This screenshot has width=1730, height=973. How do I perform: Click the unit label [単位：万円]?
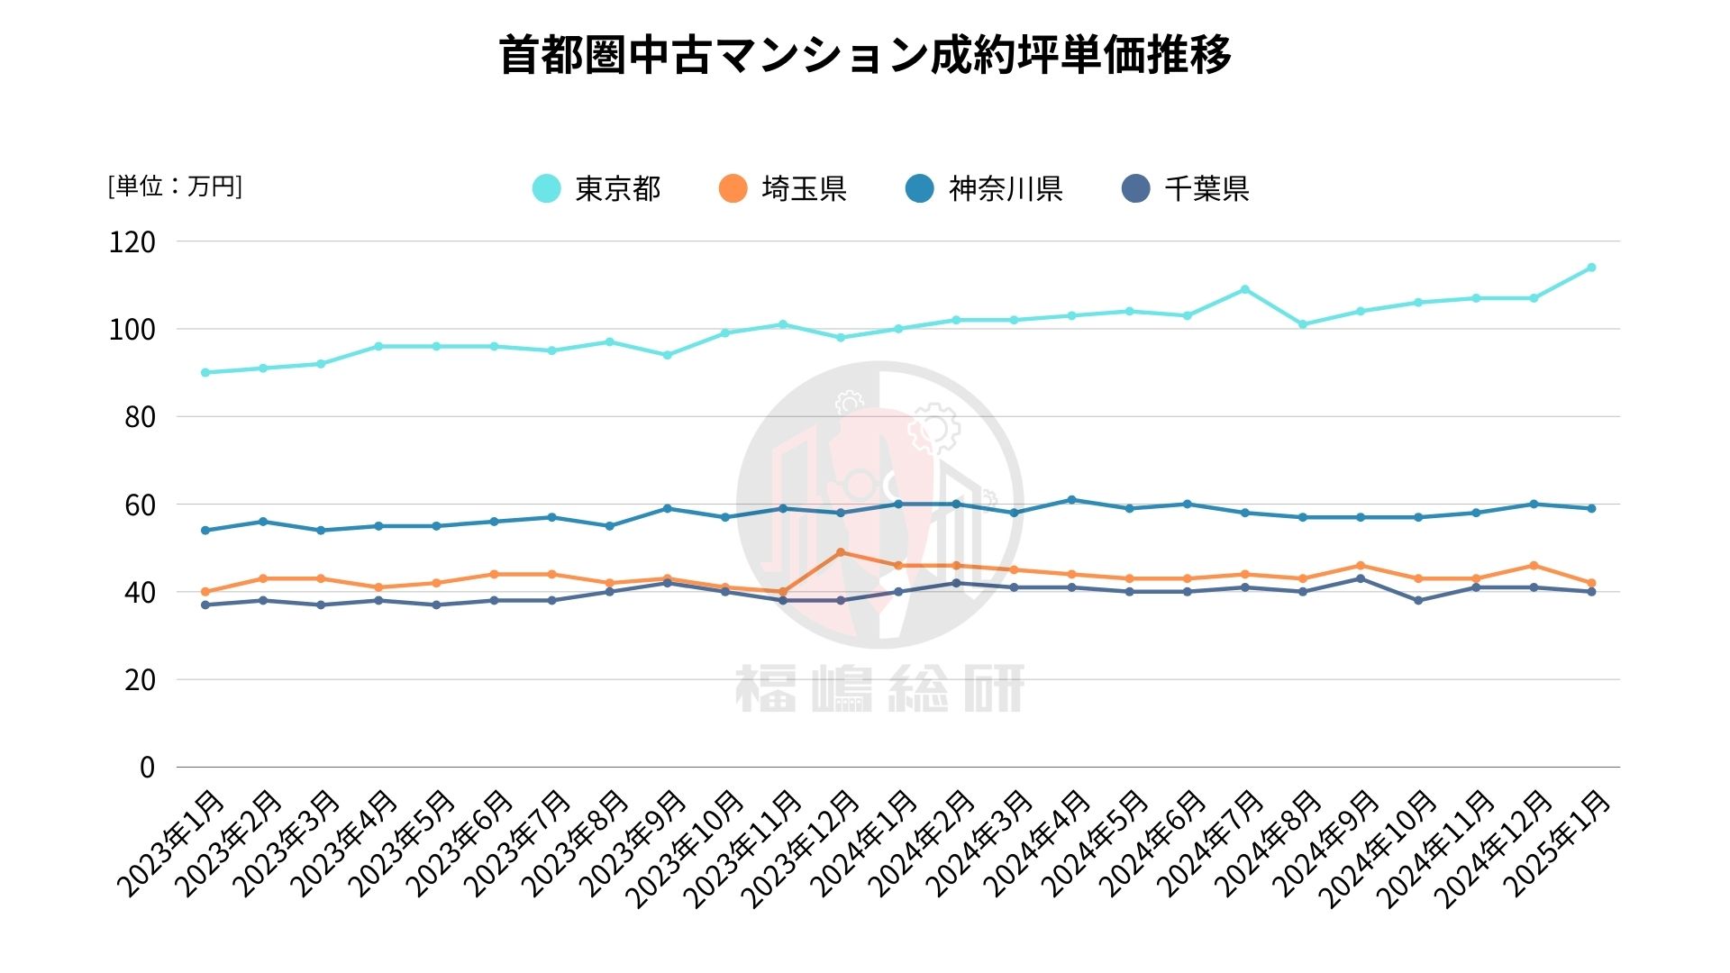coord(175,186)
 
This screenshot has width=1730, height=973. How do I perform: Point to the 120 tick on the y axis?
coord(132,241)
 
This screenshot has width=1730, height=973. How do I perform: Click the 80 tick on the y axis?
coord(140,417)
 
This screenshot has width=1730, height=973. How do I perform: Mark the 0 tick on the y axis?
coord(147,768)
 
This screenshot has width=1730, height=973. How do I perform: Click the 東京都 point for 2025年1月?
coord(1591,268)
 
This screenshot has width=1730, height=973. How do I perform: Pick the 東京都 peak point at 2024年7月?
coord(1245,289)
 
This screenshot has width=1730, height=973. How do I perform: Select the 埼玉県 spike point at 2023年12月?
coord(841,552)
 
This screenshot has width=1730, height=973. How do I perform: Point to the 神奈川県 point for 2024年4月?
coord(1071,500)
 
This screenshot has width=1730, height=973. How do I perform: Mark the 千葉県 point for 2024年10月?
coord(1418,601)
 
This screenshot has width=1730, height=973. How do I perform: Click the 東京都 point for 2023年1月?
coord(205,373)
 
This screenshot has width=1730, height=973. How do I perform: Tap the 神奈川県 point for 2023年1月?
coord(205,531)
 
